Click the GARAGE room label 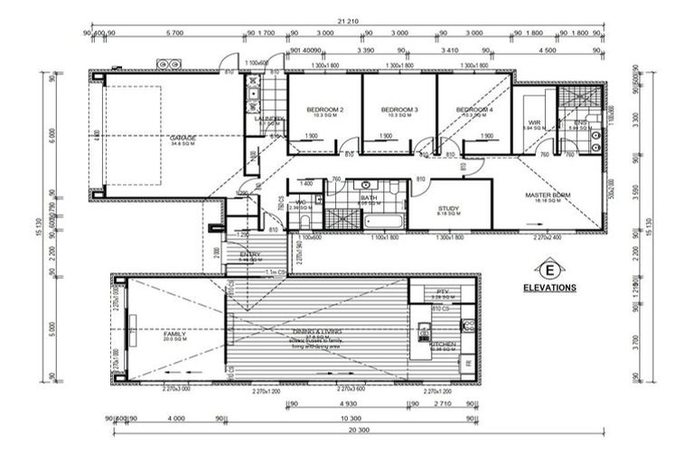point(184,137)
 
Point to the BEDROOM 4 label point(475,110)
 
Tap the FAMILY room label point(175,334)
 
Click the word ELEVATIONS point(549,288)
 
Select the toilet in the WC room point(305,222)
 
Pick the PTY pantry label point(443,291)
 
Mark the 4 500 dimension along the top point(548,51)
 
